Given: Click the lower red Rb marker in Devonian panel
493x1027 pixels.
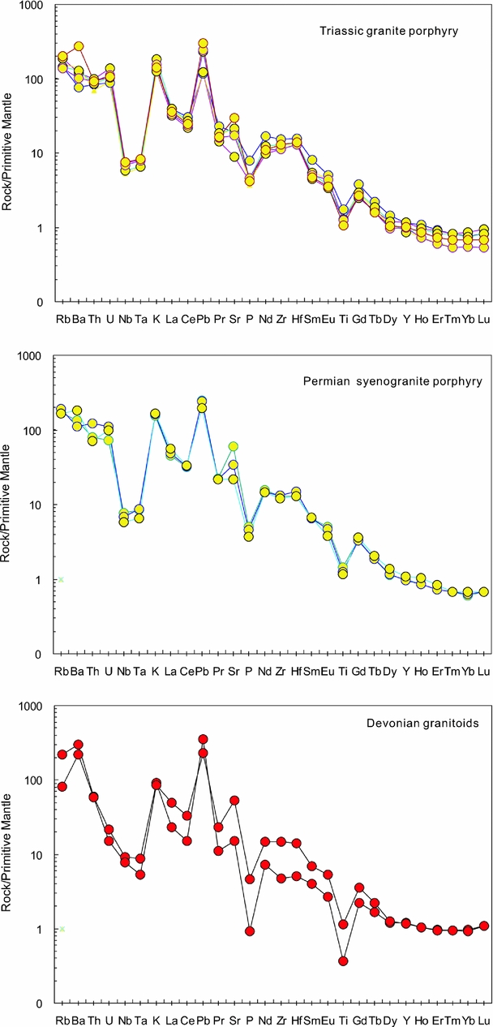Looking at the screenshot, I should [x=62, y=786].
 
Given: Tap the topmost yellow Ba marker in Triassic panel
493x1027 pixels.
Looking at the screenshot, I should [x=79, y=47].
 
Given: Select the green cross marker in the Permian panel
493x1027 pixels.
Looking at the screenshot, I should [x=61, y=579].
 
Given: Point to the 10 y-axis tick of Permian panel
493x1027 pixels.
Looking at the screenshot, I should [x=36, y=505].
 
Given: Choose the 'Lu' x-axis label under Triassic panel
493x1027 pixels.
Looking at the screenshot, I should [x=483, y=316].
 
